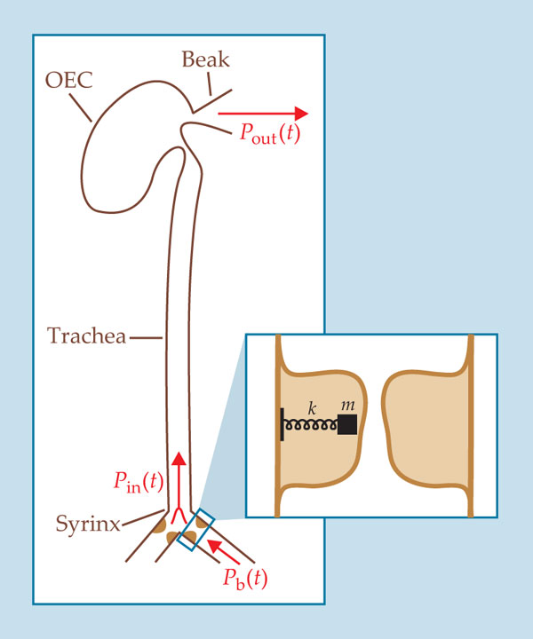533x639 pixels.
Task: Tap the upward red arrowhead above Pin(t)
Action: (x=179, y=460)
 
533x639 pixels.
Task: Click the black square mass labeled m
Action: (x=347, y=425)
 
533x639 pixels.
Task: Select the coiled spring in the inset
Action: (x=311, y=426)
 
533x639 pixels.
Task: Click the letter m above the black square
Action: (x=348, y=406)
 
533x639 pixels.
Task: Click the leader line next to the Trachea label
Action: (x=146, y=336)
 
